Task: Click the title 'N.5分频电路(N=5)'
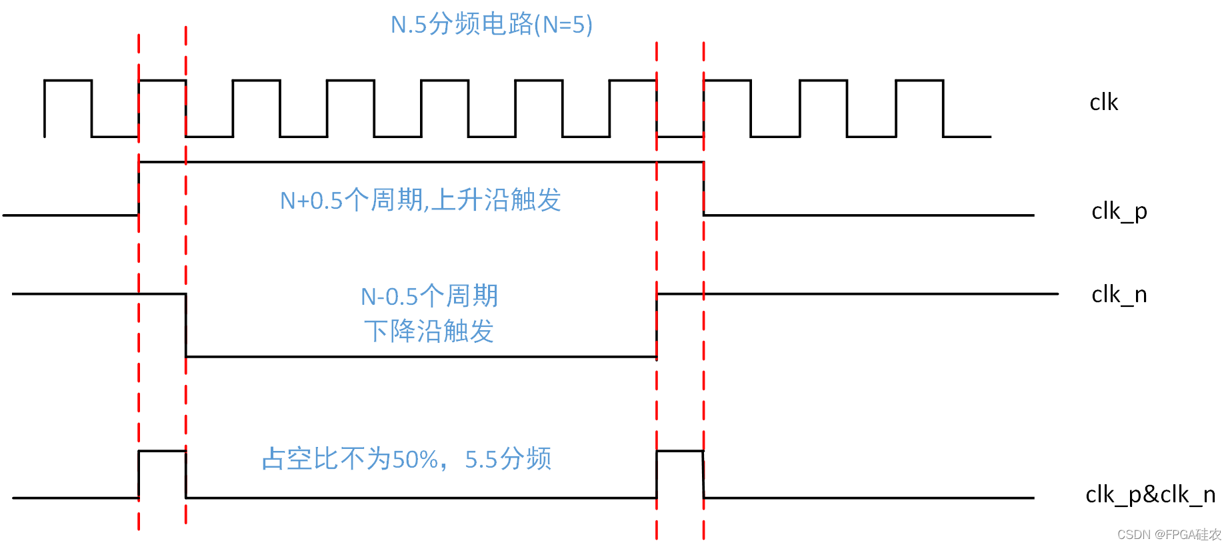coord(491,25)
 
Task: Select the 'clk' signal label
coord(1103,103)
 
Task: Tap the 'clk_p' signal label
coord(1119,211)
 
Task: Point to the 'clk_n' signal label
coord(1119,294)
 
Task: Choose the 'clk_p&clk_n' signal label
coord(1150,495)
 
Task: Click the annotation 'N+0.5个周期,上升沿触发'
coord(420,200)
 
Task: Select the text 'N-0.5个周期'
coord(429,296)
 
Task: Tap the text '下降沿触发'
coord(429,331)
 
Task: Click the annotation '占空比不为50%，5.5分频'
coord(406,459)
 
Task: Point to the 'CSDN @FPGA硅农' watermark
coord(1169,535)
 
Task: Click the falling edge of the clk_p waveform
coord(703,189)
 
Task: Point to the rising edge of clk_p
coord(139,189)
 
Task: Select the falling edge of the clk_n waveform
coord(186,326)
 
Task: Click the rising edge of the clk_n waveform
coord(657,326)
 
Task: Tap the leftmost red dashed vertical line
coord(139,280)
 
